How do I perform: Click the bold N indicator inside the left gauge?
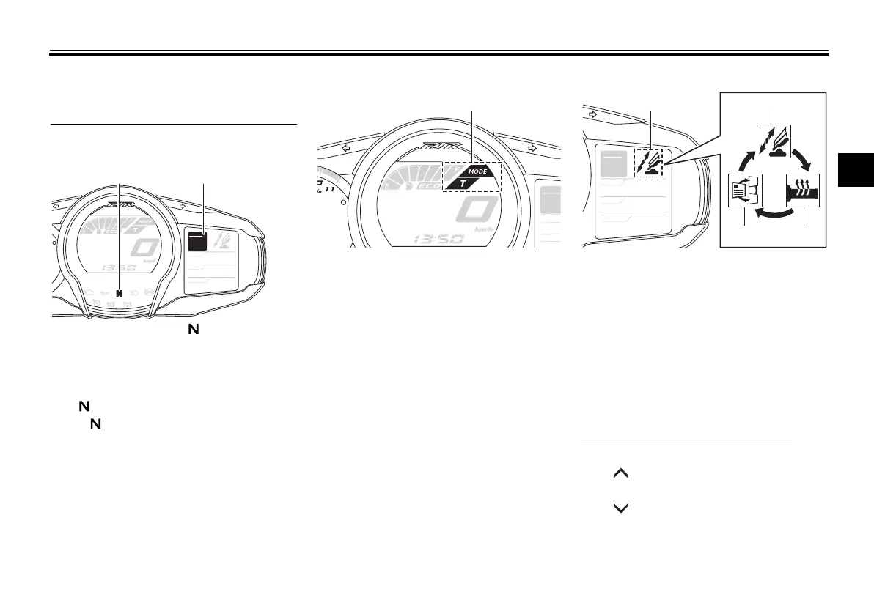[119, 292]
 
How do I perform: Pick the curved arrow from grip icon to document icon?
[775, 213]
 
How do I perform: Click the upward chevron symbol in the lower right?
[620, 476]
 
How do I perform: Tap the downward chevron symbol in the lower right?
[620, 507]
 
